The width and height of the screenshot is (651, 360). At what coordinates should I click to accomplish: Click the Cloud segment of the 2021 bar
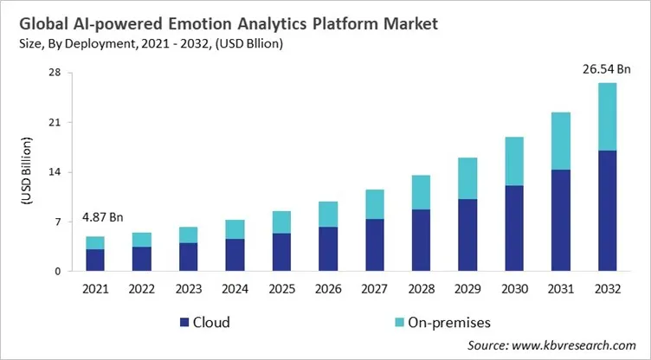coord(95,260)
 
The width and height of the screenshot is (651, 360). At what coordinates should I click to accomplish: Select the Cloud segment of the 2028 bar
coord(421,240)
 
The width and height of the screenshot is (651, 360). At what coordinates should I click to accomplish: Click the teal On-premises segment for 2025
coord(281,222)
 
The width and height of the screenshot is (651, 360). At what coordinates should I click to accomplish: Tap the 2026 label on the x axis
coord(328,288)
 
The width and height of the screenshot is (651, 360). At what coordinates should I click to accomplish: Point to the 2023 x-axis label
coord(188,288)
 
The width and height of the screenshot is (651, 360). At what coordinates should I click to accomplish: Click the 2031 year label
coord(560,288)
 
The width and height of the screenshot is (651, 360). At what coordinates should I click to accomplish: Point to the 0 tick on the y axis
coord(57,272)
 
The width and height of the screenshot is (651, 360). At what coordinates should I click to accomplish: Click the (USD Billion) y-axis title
coord(27,172)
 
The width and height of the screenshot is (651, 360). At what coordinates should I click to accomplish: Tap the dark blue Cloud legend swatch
coord(184,323)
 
